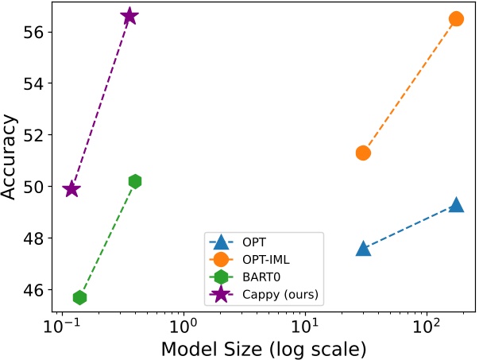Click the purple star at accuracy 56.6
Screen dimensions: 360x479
coord(129,16)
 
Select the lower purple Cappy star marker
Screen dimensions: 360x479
coord(71,188)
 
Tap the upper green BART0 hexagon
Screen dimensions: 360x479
coord(135,181)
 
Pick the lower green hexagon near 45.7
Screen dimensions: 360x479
coord(79,297)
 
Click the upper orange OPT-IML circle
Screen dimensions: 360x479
coord(456,18)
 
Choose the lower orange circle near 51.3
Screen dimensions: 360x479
coord(363,153)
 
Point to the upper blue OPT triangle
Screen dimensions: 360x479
coord(456,204)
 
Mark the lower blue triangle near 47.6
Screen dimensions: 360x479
coord(363,248)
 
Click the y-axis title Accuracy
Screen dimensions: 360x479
coord(10,159)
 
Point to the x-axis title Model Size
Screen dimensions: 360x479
coord(263,348)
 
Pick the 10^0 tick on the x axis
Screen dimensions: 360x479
coord(183,327)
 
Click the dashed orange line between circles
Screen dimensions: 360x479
coord(409,86)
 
